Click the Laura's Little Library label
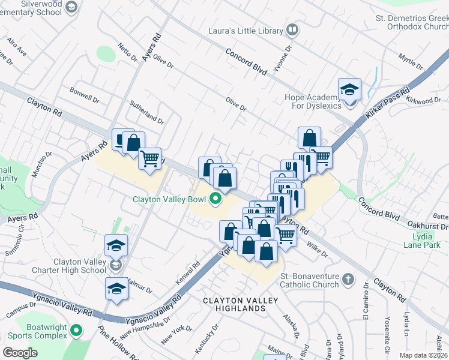coord(245,29)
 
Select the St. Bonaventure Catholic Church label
coord(310,280)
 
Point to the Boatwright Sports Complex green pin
coord(76,330)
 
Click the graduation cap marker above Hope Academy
coord(349,90)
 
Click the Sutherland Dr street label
coord(146,112)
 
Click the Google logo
coord(20,352)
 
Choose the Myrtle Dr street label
coord(411,61)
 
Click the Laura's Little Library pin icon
coord(292,29)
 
